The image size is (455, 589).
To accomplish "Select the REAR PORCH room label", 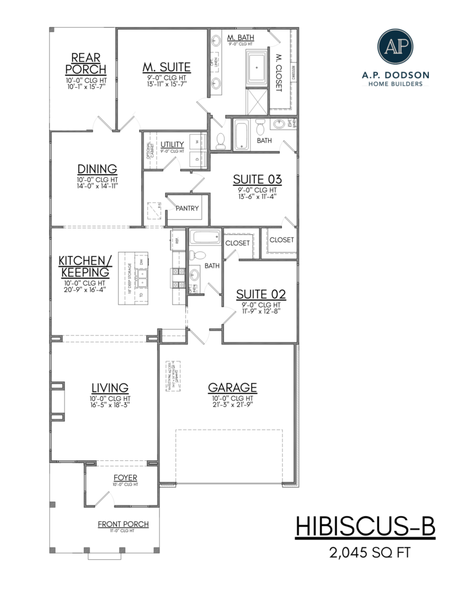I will [85, 64].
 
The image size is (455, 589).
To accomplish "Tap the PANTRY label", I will [187, 209].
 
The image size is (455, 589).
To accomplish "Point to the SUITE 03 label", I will [257, 179].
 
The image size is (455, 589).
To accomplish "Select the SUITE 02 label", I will [261, 294].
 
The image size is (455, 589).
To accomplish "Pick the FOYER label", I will [125, 477].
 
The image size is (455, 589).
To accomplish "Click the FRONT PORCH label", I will [123, 524].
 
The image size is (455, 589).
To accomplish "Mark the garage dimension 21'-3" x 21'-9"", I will [232, 406].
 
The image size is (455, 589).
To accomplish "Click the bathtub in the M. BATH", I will [257, 68].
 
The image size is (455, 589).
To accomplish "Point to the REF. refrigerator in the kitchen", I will [176, 239].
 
